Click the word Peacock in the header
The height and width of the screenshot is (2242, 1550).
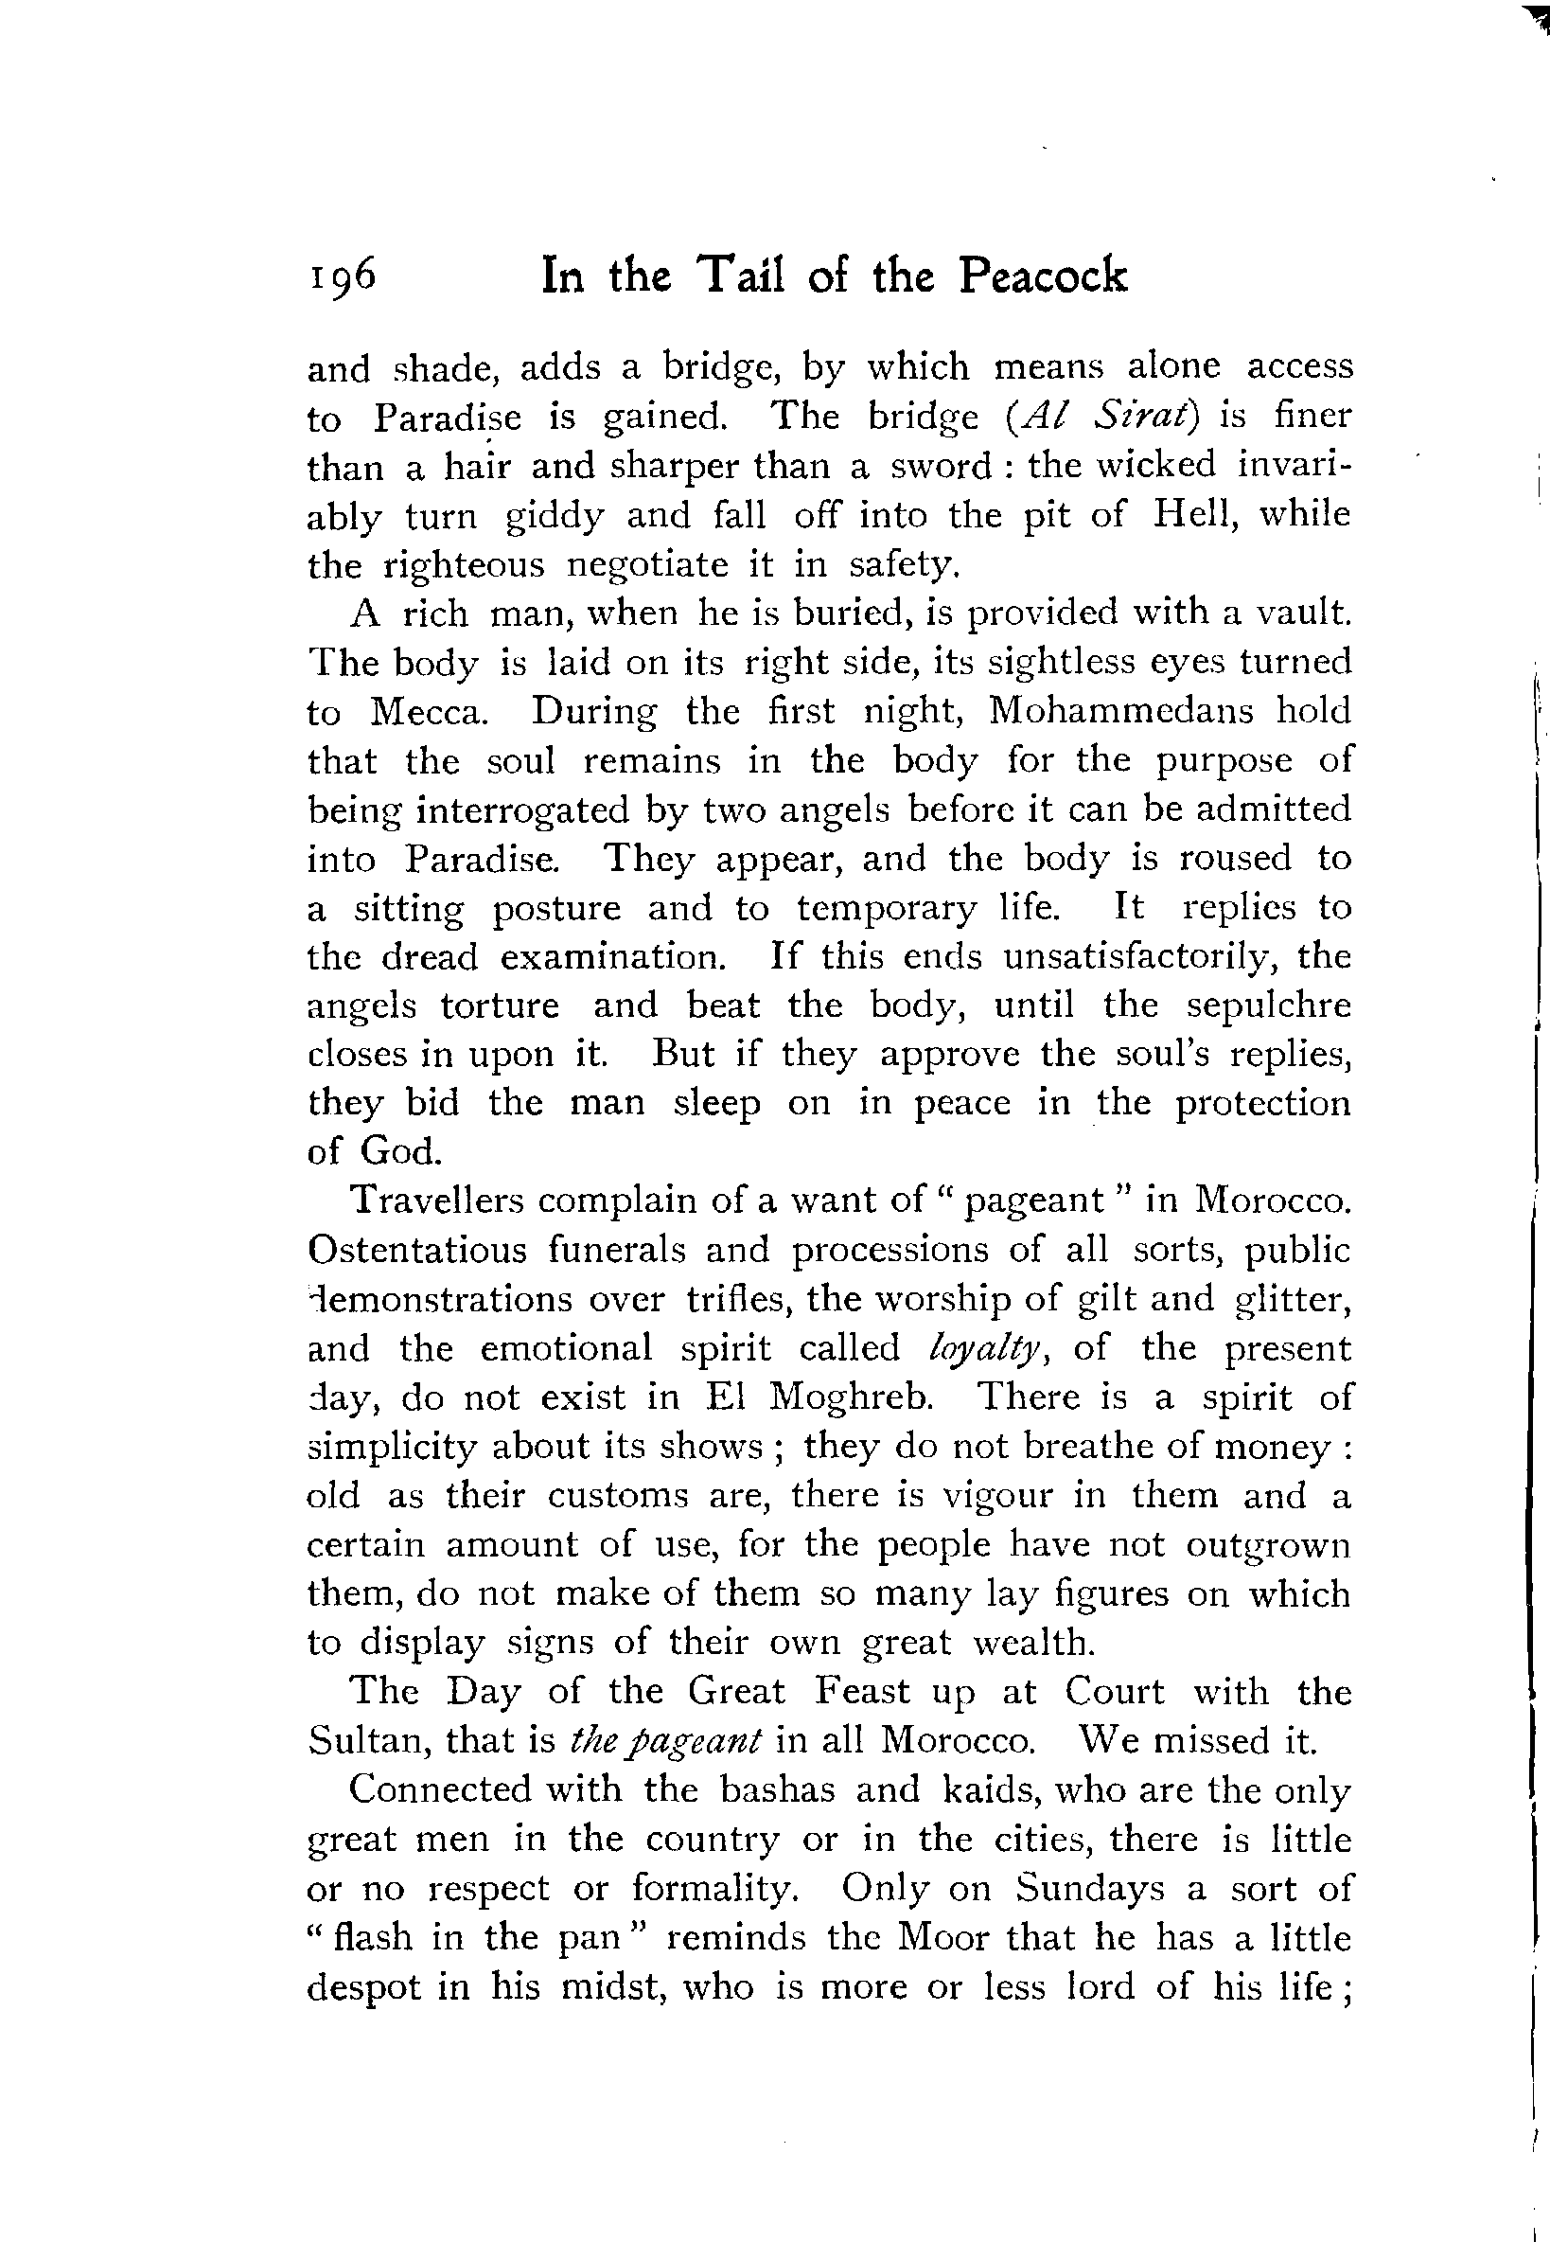click(1043, 276)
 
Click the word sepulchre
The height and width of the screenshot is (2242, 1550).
click(1268, 1005)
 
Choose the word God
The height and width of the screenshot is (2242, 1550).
click(401, 1152)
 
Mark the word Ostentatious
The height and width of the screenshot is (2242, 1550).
click(416, 1249)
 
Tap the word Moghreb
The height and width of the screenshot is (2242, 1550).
click(851, 1397)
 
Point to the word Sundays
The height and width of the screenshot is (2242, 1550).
click(1090, 1888)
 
